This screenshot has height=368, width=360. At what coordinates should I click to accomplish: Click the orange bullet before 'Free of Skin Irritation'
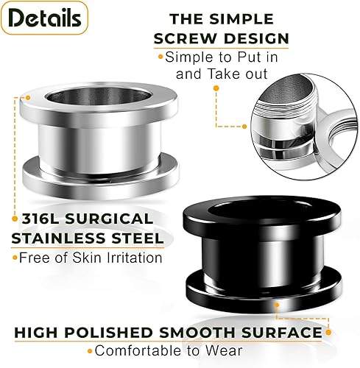click(x=14, y=258)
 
